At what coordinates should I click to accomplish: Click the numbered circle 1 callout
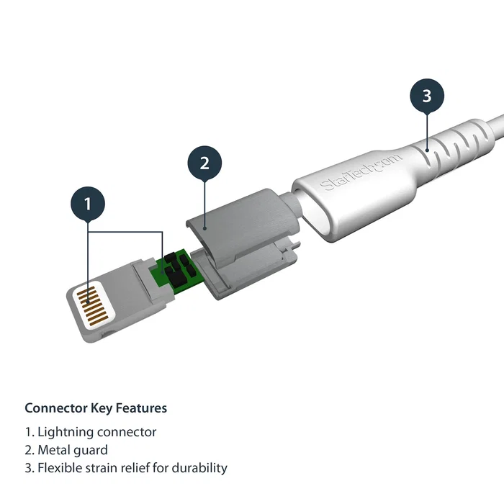click(88, 204)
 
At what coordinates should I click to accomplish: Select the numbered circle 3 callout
click(427, 96)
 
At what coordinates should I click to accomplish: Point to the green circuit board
click(173, 268)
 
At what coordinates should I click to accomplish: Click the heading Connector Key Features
click(96, 408)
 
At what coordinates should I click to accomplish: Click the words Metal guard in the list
click(72, 450)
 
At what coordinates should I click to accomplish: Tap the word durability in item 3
click(199, 468)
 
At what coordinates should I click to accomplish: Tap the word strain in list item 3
click(100, 468)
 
